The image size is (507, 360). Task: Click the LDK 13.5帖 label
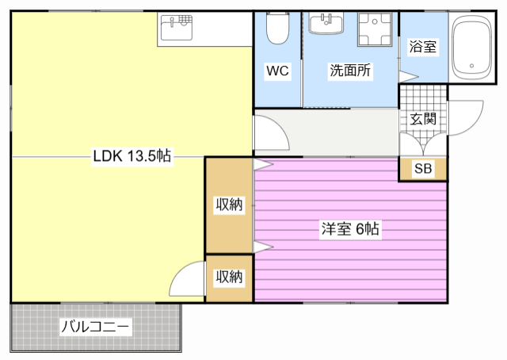click(x=132, y=156)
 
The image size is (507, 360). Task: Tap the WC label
click(x=277, y=71)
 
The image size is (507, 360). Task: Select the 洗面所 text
click(x=350, y=71)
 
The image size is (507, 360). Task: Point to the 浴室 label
click(x=422, y=47)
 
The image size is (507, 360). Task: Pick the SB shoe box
click(x=423, y=169)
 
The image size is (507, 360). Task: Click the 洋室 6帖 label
click(x=350, y=230)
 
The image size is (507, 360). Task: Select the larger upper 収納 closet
click(x=229, y=205)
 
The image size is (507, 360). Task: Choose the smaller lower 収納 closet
click(x=229, y=277)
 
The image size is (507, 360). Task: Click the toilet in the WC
click(x=277, y=30)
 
